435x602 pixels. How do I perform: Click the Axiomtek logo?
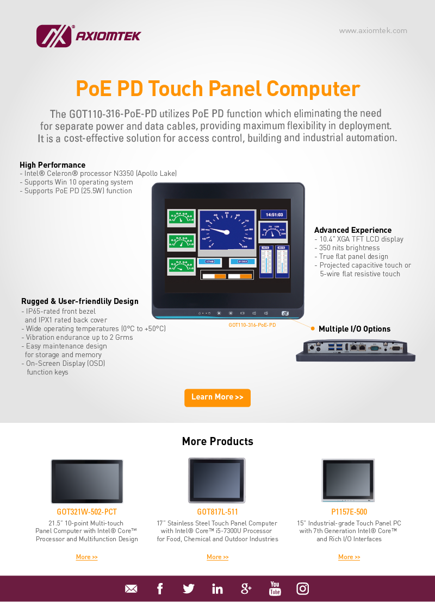[88, 36]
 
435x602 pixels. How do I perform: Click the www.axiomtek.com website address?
[373, 31]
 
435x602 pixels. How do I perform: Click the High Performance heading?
[52, 165]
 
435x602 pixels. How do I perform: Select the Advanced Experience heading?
[352, 230]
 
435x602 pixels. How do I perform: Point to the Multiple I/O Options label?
[354, 329]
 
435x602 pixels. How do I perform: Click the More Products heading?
[217, 441]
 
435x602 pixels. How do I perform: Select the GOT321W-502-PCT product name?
[87, 512]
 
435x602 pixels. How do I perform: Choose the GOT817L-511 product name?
[217, 512]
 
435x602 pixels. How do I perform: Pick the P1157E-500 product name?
[349, 512]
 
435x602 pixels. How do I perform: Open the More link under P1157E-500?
[349, 557]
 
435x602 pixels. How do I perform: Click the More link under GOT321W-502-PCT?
[87, 557]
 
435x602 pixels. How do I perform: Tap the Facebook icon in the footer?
[160, 588]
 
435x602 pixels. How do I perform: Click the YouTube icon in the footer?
[275, 588]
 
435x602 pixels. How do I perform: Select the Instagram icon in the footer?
[303, 588]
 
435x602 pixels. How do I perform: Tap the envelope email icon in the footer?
[131, 589]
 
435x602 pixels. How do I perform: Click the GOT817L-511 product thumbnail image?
[217, 480]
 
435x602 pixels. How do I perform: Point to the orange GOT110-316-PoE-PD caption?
[252, 325]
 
